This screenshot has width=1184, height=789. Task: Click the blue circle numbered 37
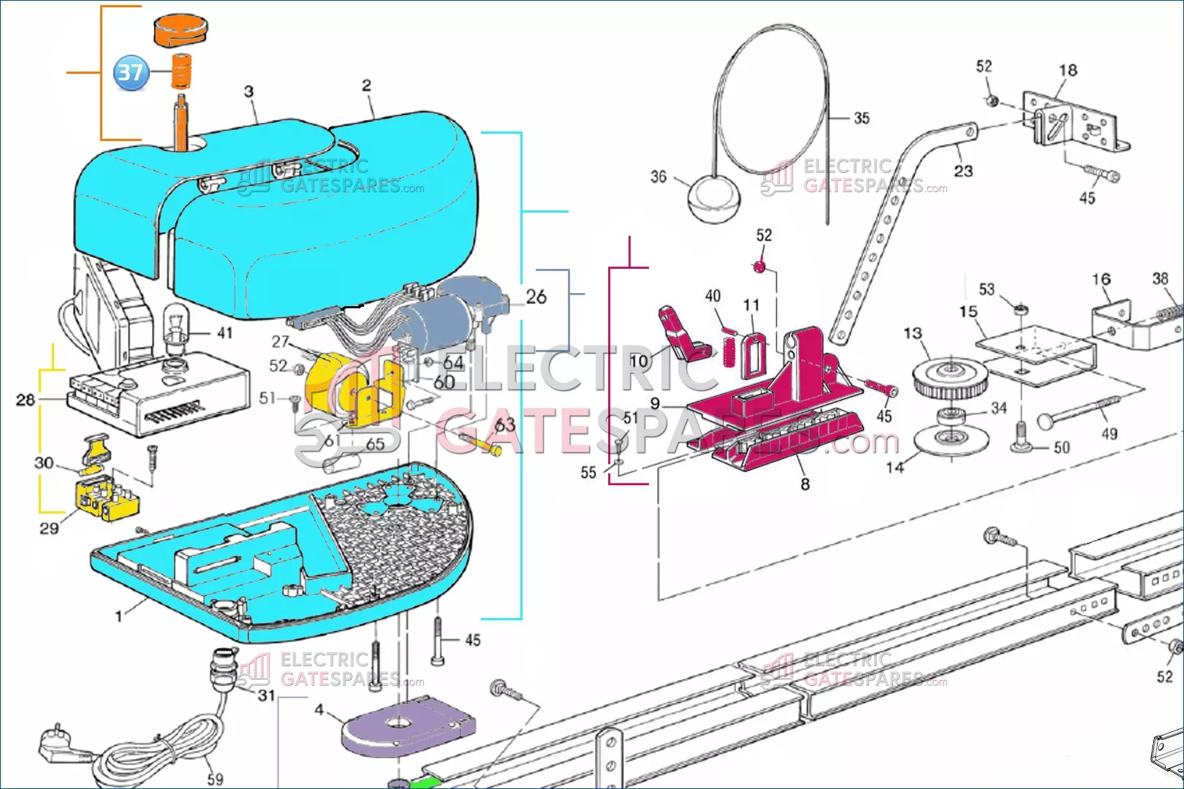[131, 72]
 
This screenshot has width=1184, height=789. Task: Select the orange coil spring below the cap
[181, 71]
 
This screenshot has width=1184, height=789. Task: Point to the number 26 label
[536, 297]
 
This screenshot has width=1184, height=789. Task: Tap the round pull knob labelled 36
[713, 197]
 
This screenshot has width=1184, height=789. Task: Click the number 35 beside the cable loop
[862, 118]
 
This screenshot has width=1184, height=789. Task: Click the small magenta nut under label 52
[759, 267]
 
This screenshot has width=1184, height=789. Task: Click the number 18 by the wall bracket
[1068, 70]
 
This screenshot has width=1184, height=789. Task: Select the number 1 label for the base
[118, 617]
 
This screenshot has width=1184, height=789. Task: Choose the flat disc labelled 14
[950, 441]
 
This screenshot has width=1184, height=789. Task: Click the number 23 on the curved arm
[963, 171]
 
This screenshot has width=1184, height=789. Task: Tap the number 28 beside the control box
[26, 400]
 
